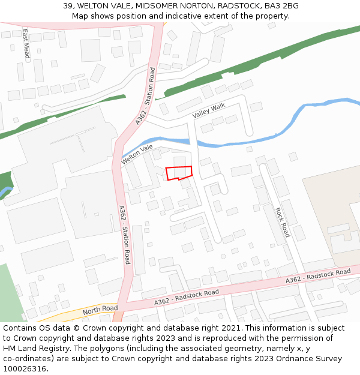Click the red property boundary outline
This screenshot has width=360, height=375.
[179, 173]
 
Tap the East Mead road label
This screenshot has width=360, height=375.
[26, 43]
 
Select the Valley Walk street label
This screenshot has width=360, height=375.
[208, 110]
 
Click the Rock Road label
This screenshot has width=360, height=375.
[282, 222]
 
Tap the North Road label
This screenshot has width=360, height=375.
[100, 310]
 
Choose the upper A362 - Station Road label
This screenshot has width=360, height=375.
[145, 96]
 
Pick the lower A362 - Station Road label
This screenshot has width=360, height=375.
[124, 235]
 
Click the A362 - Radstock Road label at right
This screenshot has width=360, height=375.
[317, 276]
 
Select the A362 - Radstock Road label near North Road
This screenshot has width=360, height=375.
[186, 297]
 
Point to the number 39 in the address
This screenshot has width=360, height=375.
[68, 6]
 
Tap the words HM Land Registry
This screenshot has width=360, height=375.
[35, 349]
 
